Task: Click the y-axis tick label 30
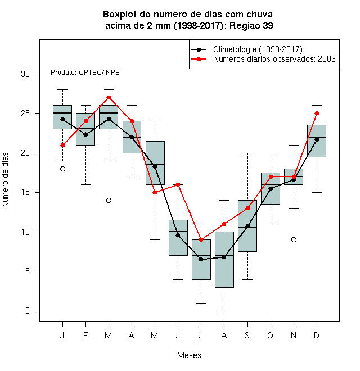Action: tap(25, 74)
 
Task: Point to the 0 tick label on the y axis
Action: tap(28, 311)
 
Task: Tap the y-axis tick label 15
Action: tap(25, 192)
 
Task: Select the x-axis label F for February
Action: tap(85, 335)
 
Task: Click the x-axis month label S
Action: tap(247, 335)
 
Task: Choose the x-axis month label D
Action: tap(317, 335)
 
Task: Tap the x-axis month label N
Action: tap(294, 335)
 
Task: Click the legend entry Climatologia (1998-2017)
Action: tap(258, 49)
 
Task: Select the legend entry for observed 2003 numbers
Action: tap(274, 59)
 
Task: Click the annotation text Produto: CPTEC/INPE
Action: tap(85, 73)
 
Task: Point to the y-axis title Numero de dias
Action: tap(5, 180)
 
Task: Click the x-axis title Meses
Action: tap(189, 355)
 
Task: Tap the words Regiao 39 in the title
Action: tap(251, 25)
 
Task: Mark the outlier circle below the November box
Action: tap(294, 239)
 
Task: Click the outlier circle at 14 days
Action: tap(109, 201)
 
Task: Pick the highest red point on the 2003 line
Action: tap(109, 97)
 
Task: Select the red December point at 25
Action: tap(317, 114)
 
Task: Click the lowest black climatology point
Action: tap(201, 260)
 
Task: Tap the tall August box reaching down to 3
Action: tap(224, 260)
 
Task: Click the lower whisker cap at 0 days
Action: tap(224, 311)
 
